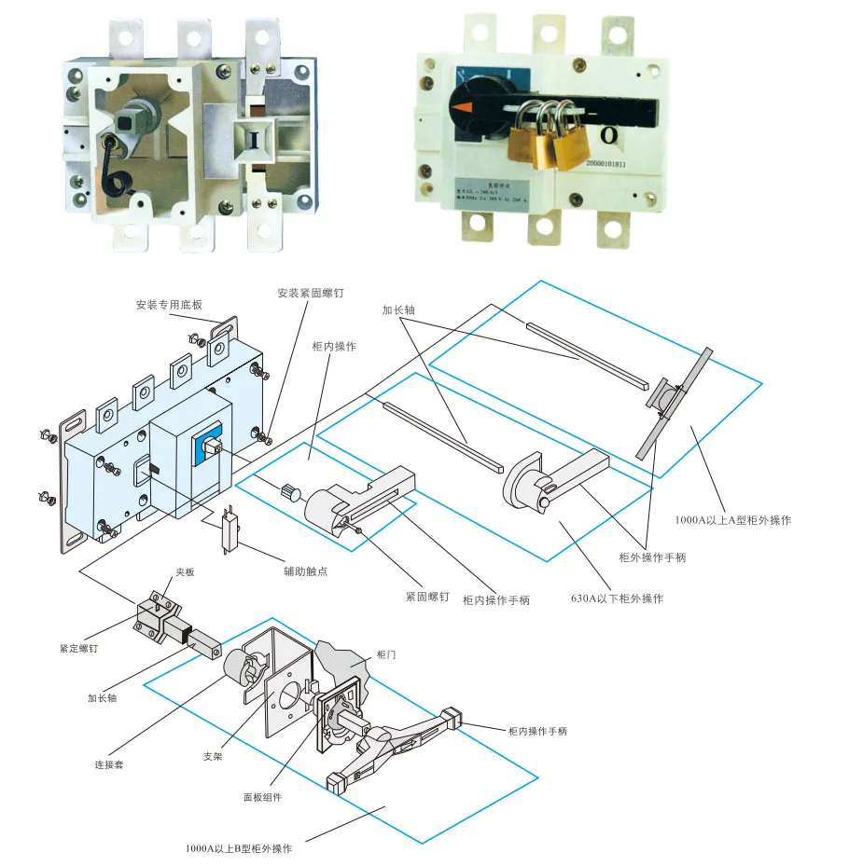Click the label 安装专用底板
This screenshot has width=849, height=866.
[168, 305]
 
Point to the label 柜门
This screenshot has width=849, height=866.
[385, 655]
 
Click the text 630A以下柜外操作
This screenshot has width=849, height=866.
[617, 598]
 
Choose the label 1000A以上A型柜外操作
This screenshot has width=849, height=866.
[733, 520]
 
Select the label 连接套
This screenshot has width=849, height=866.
[109, 764]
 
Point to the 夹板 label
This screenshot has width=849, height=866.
[185, 572]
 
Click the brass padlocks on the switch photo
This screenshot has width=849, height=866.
[549, 138]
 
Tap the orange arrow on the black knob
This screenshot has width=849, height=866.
[463, 109]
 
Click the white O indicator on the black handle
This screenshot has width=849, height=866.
[608, 135]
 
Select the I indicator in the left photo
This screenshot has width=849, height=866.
[252, 140]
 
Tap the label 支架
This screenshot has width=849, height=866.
[213, 756]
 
